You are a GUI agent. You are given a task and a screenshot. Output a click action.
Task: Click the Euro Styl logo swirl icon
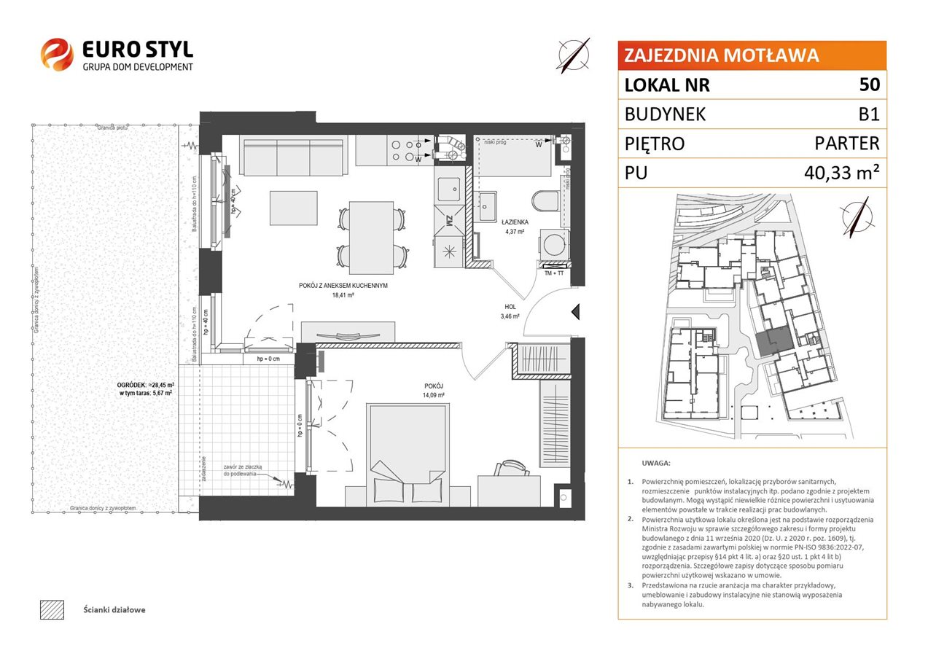tap(57, 55)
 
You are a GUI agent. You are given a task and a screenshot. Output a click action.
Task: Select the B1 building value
tap(869, 114)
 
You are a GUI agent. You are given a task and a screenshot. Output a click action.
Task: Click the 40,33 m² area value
tap(840, 173)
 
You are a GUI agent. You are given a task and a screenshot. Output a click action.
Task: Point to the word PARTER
tap(847, 144)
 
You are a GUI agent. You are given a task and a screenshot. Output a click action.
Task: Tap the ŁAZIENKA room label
tap(515, 223)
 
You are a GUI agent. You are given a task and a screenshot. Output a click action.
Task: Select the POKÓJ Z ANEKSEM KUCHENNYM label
tap(343, 286)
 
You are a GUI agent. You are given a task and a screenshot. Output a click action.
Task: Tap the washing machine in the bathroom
tap(553, 243)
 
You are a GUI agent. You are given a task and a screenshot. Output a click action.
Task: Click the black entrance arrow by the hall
tap(575, 313)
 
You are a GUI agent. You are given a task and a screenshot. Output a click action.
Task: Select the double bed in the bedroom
tap(408, 452)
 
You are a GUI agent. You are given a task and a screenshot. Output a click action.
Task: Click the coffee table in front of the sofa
tap(293, 208)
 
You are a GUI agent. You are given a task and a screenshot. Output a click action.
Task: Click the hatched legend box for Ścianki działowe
tap(52, 609)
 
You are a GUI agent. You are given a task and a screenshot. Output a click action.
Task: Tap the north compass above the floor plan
tap(574, 55)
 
